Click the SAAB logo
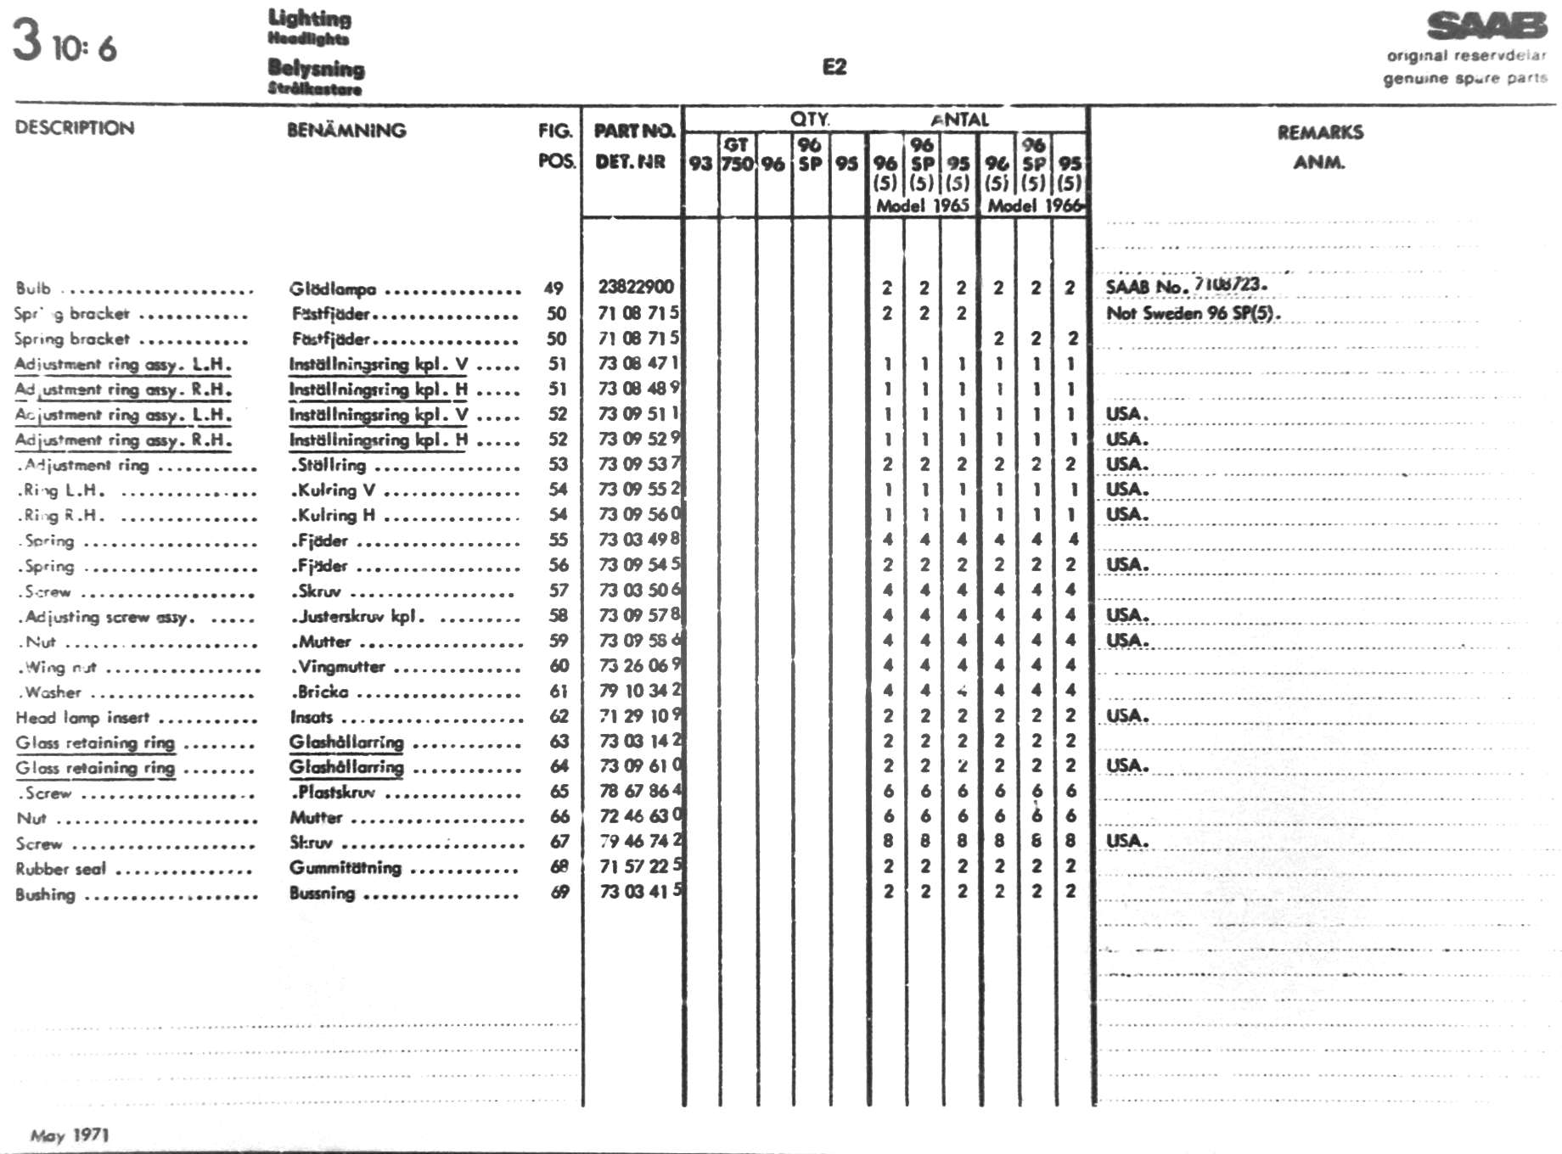1486,26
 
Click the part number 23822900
636,287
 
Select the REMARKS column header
1320,132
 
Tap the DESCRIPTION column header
75,128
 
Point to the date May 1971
70,1135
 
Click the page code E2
834,67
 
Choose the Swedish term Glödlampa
333,289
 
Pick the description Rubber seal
60,869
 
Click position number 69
559,892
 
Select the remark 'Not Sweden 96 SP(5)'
1193,313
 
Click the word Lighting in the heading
309,18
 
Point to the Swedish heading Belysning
316,68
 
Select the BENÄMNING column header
346,131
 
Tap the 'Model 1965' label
923,205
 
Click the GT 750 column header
737,154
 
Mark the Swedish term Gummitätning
345,868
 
